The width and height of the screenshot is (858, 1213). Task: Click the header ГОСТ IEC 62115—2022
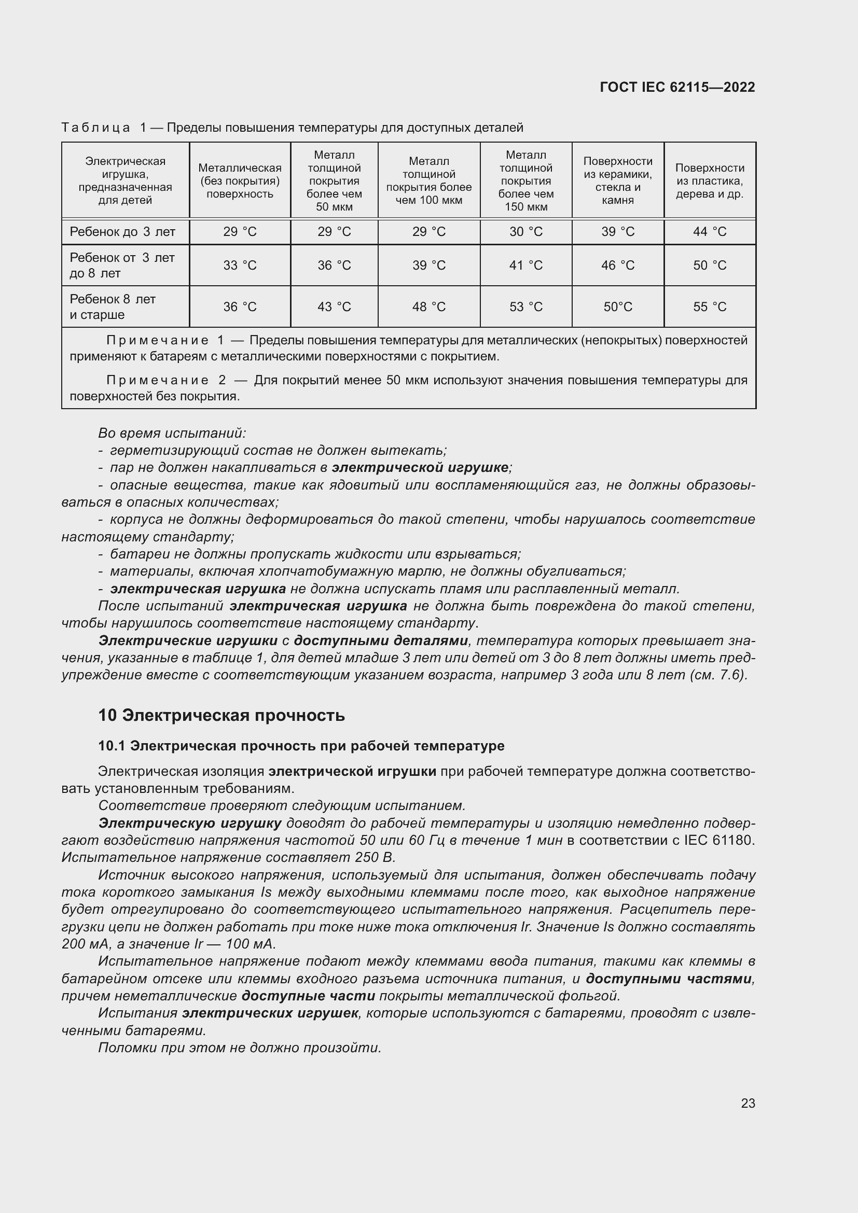pyautogui.click(x=677, y=87)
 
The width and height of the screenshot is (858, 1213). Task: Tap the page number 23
pyautogui.click(x=748, y=1103)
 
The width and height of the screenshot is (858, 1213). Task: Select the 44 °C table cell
pyautogui.click(x=710, y=232)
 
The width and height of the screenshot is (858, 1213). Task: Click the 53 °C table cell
pyautogui.click(x=525, y=307)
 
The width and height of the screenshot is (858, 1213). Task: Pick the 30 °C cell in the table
pyautogui.click(x=525, y=232)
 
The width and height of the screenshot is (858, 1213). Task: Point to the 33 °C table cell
pyautogui.click(x=240, y=265)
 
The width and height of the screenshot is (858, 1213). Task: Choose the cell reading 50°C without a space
pyautogui.click(x=618, y=307)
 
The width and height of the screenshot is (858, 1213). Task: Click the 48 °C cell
pyautogui.click(x=429, y=307)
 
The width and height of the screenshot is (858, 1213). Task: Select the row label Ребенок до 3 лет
pyautogui.click(x=122, y=232)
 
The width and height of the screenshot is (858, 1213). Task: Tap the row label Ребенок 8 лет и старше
pyautogui.click(x=113, y=307)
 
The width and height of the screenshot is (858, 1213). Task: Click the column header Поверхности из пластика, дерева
pyautogui.click(x=710, y=180)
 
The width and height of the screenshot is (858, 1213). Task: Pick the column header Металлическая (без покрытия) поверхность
pyautogui.click(x=240, y=180)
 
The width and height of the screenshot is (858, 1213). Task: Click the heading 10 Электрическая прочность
pyautogui.click(x=222, y=715)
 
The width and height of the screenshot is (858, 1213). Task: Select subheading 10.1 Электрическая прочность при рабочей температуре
pyautogui.click(x=301, y=745)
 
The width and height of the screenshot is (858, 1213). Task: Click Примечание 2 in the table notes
pyautogui.click(x=166, y=380)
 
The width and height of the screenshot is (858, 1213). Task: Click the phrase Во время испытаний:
pyautogui.click(x=172, y=433)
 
